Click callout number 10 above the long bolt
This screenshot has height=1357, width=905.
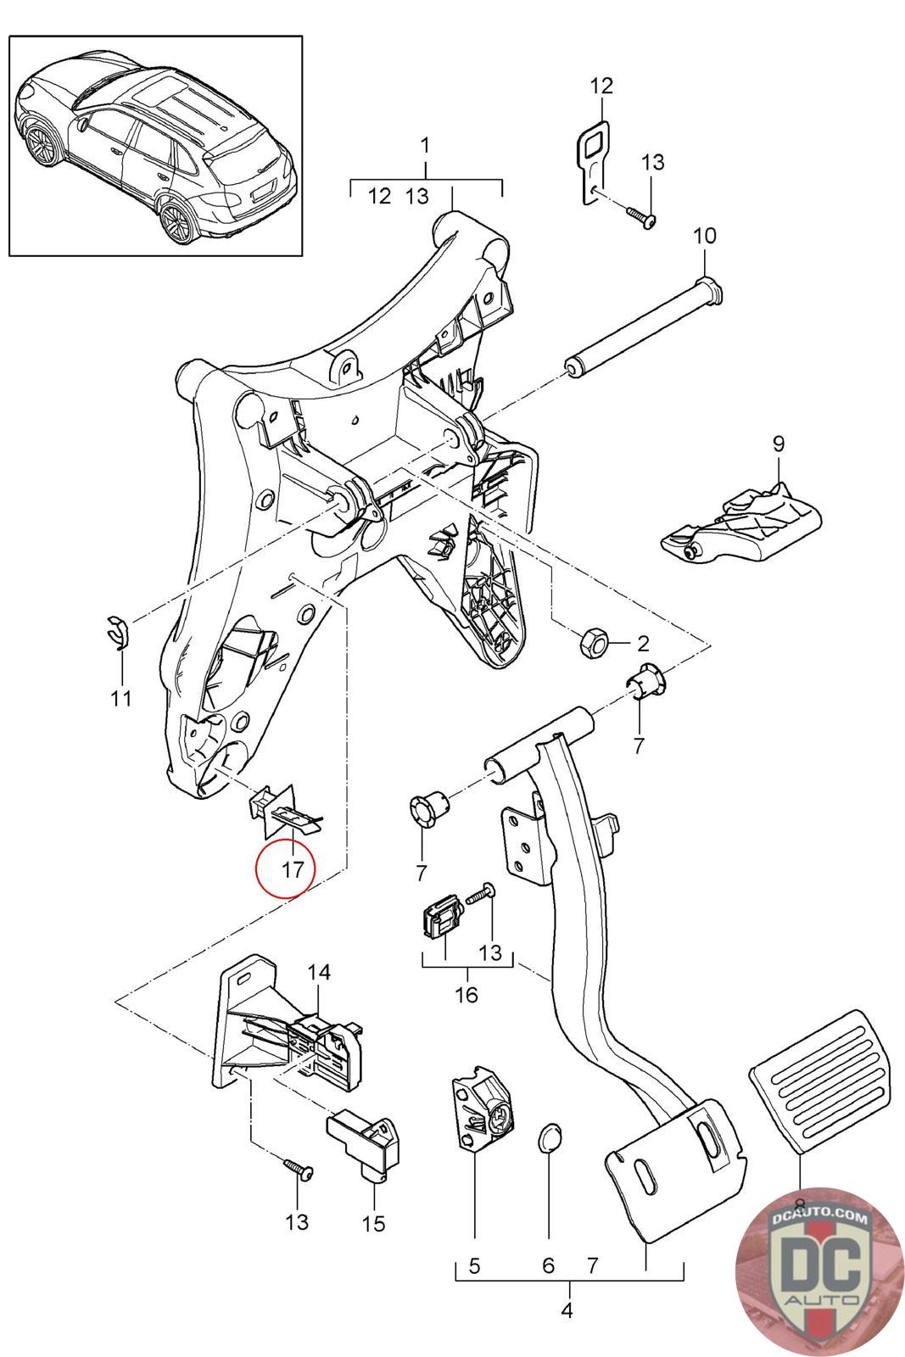point(704,235)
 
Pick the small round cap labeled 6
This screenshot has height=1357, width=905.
point(550,1138)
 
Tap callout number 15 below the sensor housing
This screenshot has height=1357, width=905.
point(373,1223)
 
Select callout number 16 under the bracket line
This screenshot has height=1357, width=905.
point(466,993)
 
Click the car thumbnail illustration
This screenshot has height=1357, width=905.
point(156,145)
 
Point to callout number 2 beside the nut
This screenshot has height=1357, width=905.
point(642,642)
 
